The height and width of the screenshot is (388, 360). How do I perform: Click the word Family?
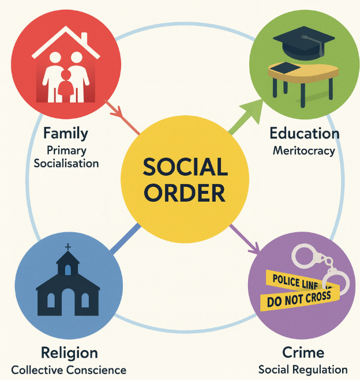click(x=65, y=134)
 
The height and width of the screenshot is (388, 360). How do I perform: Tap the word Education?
click(x=304, y=134)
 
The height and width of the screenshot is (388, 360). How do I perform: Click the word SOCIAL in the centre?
click(x=185, y=168)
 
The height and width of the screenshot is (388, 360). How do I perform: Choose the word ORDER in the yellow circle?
click(x=185, y=193)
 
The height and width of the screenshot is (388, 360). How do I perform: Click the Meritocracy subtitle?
click(x=303, y=150)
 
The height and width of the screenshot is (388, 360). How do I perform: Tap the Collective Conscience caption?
click(x=69, y=370)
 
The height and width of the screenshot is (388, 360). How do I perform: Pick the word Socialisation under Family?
click(x=66, y=163)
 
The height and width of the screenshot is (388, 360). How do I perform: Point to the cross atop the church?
click(x=68, y=247)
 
